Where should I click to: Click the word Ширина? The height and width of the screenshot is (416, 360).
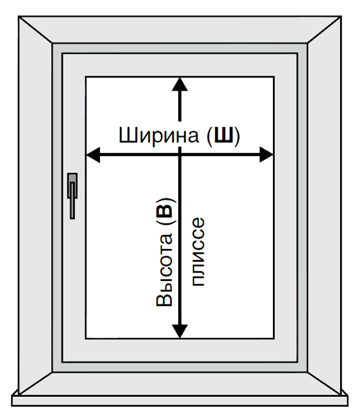point(158,135)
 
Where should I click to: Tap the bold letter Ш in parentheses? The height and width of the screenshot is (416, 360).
point(224,135)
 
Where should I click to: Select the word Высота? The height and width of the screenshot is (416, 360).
point(165,270)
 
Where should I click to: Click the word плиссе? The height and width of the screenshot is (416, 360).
point(198,252)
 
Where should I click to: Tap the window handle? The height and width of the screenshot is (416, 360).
point(72,196)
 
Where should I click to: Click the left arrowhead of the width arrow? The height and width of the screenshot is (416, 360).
point(93,154)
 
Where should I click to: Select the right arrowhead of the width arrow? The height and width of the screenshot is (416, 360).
point(266,154)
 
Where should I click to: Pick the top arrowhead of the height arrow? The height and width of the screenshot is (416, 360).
point(180,84)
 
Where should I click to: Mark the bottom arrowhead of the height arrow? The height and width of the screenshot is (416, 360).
point(180,332)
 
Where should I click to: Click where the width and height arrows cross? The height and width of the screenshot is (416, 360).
point(180,154)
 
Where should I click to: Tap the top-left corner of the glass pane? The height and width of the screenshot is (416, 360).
point(86,77)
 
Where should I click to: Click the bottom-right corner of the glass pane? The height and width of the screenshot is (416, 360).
point(274,339)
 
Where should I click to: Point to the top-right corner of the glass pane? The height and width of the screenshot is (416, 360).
point(274,77)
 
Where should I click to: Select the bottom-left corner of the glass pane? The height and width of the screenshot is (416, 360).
point(86,339)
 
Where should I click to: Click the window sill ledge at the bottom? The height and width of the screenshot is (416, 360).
point(180,401)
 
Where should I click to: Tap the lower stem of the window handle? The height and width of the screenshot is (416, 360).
point(72,208)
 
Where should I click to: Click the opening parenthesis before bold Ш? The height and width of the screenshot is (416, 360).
point(209,136)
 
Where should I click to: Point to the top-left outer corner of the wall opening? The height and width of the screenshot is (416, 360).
point(19,17)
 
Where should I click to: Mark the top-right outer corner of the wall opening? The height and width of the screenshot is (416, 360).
point(341,17)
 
